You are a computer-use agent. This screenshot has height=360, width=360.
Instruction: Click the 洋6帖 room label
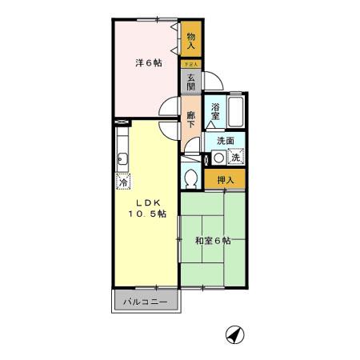click(x=146, y=63)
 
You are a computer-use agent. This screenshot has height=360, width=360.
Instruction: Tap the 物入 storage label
click(x=191, y=42)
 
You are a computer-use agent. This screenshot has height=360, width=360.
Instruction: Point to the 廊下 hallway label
click(x=191, y=119)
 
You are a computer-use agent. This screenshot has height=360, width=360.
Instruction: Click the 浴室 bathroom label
click(x=215, y=111)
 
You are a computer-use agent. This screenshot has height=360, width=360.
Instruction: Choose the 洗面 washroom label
click(x=226, y=140)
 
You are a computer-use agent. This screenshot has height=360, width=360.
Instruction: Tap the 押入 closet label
click(x=225, y=180)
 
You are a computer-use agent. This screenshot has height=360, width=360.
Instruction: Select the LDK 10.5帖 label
click(x=145, y=208)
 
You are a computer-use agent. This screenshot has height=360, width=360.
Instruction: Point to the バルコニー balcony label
click(x=146, y=303)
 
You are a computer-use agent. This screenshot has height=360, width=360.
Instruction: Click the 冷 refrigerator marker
click(x=122, y=181)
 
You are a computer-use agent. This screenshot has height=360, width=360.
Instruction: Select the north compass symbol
click(x=234, y=333)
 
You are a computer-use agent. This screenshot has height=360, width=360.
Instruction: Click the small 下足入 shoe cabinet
click(x=191, y=62)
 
